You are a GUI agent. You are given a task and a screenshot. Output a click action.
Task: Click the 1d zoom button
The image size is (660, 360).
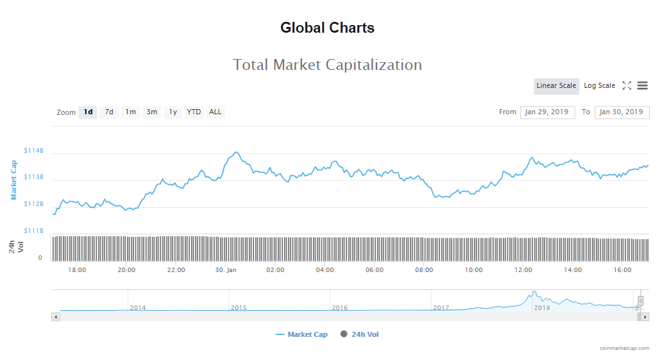pos(88,112)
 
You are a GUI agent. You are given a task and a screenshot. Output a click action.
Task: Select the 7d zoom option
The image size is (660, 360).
pos(109,112)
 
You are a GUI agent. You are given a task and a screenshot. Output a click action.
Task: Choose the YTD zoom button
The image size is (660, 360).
pos(194,112)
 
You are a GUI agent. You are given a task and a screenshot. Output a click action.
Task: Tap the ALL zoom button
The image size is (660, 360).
pos(216,112)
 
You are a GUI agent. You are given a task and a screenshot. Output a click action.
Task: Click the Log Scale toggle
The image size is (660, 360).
pos(599,86)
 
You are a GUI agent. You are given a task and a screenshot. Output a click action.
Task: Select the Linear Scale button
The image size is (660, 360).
pos(556,86)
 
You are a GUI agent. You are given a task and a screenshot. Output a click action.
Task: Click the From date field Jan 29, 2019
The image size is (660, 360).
pos(547,112)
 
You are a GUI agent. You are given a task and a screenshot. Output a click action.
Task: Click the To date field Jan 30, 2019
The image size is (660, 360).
pos(622,112)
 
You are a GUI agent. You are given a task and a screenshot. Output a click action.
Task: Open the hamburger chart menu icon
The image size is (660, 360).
pos(642,86)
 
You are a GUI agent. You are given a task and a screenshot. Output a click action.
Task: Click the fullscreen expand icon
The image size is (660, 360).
pos(627,86)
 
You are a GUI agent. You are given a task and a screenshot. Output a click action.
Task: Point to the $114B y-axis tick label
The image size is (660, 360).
pos(34,151)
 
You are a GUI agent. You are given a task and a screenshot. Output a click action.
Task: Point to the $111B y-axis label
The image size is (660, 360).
pos(34,230)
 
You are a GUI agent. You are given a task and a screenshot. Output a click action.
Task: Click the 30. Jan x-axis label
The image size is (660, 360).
pos(226,270)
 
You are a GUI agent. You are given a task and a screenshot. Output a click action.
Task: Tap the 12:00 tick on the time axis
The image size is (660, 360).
pos(523,270)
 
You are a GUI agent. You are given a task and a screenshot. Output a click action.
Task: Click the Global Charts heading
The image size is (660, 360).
pos(327,28)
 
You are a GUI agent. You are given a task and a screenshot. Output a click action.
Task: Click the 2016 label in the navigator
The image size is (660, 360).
pos(339,308)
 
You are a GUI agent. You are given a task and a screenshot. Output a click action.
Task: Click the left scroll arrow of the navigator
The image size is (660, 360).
pos(56,317)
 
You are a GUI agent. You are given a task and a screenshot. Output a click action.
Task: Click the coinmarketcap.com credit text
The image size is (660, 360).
pos(624,348)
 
